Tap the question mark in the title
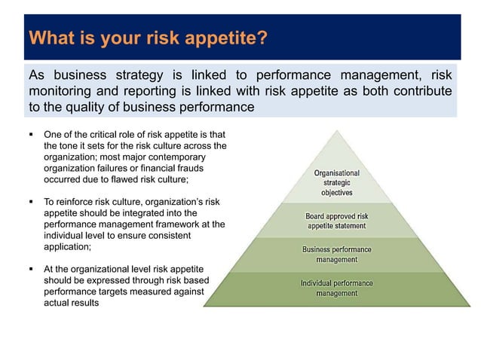(263, 38)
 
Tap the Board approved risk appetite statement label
(336, 221)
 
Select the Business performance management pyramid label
(336, 254)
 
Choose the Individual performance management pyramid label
(336, 288)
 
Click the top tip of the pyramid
(337, 130)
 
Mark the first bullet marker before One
(31, 134)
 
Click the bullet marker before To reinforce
(31, 202)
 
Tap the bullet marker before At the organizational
(31, 269)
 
